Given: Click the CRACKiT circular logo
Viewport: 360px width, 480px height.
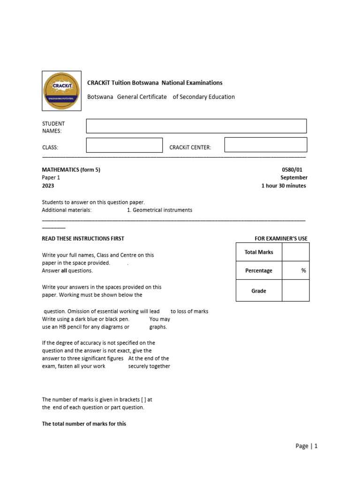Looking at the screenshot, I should pyautogui.click(x=61, y=90).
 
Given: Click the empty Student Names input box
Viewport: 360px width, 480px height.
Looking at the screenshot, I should pyautogui.click(x=196, y=126).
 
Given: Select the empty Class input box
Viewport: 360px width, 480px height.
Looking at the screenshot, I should pyautogui.click(x=124, y=145).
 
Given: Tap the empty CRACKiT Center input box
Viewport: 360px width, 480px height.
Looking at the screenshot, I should pyautogui.click(x=266, y=145).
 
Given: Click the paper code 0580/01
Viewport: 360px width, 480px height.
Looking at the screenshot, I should pyautogui.click(x=294, y=170).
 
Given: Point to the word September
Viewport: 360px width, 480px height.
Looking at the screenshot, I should pyautogui.click(x=294, y=178).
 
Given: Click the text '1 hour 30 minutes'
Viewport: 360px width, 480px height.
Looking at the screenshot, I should pyautogui.click(x=284, y=186).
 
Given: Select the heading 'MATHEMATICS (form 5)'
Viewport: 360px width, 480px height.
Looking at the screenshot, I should pyautogui.click(x=71, y=170).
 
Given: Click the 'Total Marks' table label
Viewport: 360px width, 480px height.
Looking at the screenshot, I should pyautogui.click(x=259, y=252).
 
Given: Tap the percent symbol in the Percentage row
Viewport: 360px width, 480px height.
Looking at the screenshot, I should pyautogui.click(x=304, y=270).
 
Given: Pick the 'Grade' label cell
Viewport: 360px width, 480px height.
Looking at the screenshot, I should pyautogui.click(x=259, y=291).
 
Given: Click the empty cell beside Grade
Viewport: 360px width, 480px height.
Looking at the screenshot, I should pyautogui.click(x=296, y=291).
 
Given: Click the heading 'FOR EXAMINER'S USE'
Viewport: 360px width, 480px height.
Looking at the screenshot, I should pyautogui.click(x=281, y=239).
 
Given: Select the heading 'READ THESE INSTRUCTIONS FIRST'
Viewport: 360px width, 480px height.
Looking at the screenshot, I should pyautogui.click(x=83, y=239).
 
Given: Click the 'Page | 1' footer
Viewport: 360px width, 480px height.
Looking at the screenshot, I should pyautogui.click(x=307, y=446).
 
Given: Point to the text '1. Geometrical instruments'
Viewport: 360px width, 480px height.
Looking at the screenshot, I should pyautogui.click(x=159, y=210).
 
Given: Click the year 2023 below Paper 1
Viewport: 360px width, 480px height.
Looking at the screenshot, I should pyautogui.click(x=48, y=186).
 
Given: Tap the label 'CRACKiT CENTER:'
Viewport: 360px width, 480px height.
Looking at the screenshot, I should pyautogui.click(x=190, y=148).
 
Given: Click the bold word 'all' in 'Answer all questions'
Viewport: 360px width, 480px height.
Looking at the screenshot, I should pyautogui.click(x=64, y=270).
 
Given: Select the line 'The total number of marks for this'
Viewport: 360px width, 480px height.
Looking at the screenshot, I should pyautogui.click(x=84, y=424).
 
